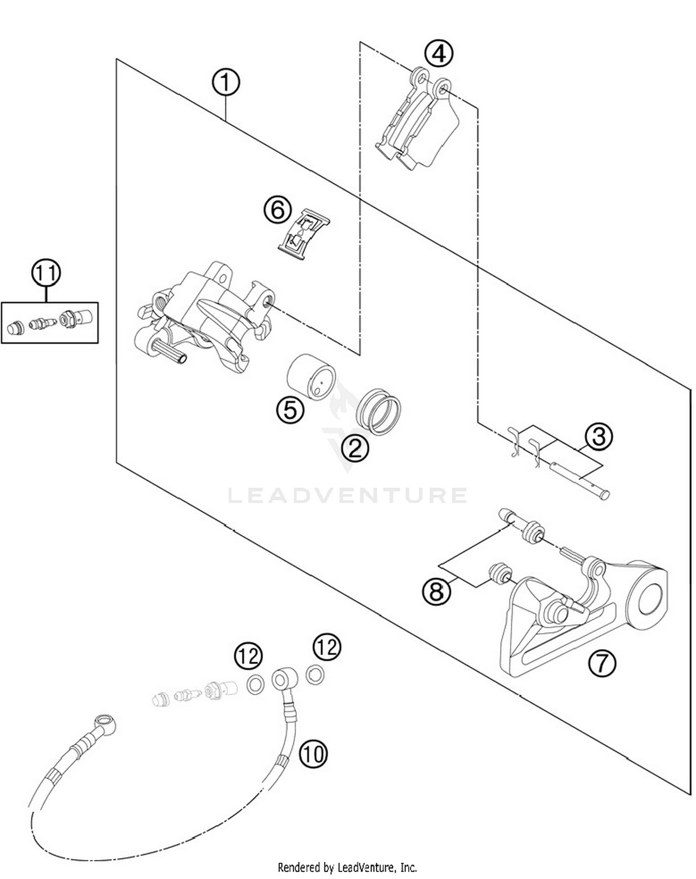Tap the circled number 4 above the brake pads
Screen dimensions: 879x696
(x=439, y=53)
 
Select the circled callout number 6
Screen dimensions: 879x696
(x=277, y=210)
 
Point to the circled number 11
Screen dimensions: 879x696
(x=46, y=273)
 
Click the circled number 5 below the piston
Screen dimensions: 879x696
(x=290, y=409)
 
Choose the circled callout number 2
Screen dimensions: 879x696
(x=355, y=448)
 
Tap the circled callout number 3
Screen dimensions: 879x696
(x=599, y=436)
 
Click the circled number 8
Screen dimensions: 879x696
(x=436, y=591)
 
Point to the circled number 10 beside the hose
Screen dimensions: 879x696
(x=313, y=754)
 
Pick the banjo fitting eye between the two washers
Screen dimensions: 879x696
(x=281, y=680)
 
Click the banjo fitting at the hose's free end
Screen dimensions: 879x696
(x=105, y=721)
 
